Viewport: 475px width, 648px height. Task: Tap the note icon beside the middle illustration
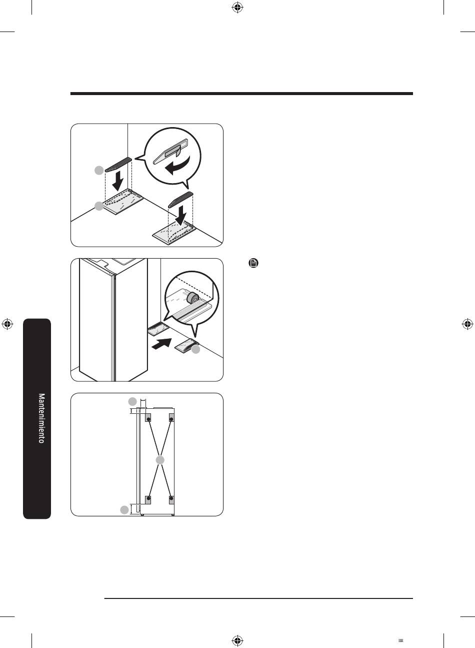coord(253,263)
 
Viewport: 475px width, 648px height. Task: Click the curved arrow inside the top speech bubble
coord(177,165)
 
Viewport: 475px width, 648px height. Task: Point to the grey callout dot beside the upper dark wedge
coord(99,170)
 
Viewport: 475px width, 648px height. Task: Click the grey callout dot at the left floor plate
coord(99,206)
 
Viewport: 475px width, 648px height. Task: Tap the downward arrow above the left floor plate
coord(117,181)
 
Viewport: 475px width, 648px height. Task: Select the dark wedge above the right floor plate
coord(180,199)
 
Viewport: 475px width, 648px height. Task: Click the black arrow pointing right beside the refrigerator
coord(161,344)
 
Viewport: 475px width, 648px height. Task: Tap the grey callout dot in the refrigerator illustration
coord(195,349)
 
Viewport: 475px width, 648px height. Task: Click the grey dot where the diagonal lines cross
coord(160,460)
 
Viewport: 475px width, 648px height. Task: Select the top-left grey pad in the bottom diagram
coord(148,417)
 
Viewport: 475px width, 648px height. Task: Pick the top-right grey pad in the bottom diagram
coord(171,417)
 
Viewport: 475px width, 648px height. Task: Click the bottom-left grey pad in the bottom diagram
coord(148,499)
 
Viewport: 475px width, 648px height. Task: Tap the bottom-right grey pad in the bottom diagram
coord(171,499)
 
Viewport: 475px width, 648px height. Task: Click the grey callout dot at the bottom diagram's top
coord(132,401)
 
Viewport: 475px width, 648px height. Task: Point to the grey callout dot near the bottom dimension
coord(124,510)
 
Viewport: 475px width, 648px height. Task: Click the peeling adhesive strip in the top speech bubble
coord(171,151)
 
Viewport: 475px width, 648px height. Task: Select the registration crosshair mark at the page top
coord(237,8)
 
